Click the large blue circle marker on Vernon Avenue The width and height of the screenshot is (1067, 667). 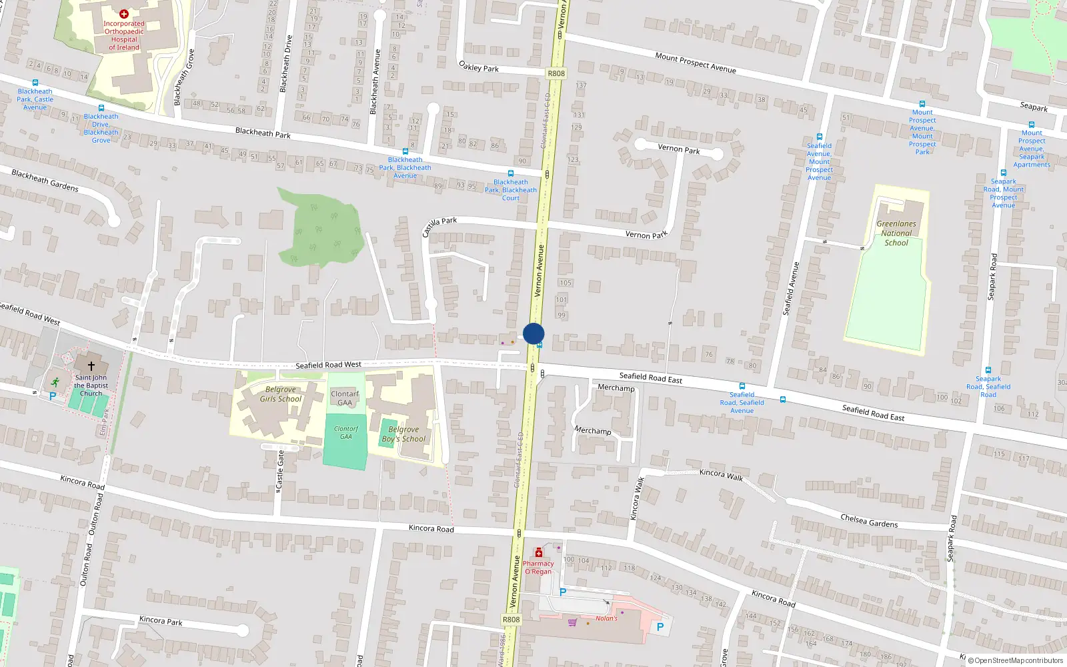click(x=533, y=333)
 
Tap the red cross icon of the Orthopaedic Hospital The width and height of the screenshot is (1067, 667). click(x=124, y=13)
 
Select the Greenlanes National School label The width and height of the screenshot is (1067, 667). click(x=896, y=233)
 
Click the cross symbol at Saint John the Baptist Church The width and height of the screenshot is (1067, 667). click(x=91, y=366)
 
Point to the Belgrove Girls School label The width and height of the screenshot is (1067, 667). click(x=281, y=394)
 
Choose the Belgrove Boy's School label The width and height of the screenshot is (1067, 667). click(x=403, y=434)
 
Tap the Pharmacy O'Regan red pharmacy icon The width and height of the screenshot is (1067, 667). click(x=538, y=553)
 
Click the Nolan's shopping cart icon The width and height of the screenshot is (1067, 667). click(x=572, y=622)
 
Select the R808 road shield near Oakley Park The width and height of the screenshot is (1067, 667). click(x=556, y=73)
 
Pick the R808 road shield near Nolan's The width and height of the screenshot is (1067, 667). click(x=511, y=620)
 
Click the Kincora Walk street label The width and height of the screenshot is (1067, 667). click(x=721, y=474)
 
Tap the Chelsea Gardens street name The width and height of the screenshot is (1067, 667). click(x=869, y=521)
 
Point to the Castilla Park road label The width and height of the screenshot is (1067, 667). click(x=439, y=226)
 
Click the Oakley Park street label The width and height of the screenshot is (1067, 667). click(x=479, y=67)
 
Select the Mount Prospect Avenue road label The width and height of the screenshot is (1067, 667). click(x=696, y=63)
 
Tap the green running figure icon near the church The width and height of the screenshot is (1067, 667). click(x=55, y=382)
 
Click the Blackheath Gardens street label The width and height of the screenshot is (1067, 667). click(x=45, y=180)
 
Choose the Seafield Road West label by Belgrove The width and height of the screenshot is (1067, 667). click(x=328, y=365)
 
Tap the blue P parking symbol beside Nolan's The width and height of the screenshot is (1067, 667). click(x=660, y=627)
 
